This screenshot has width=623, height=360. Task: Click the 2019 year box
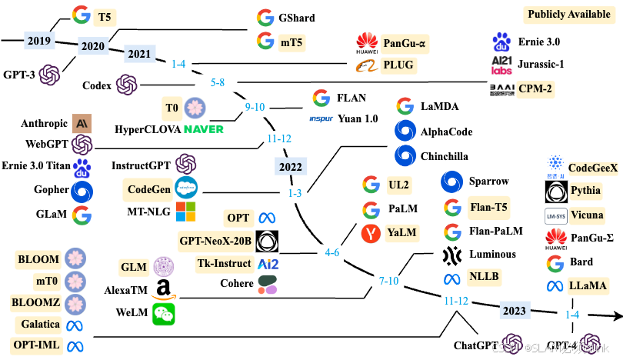point(38,41)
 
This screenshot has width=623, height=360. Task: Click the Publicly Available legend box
point(568,15)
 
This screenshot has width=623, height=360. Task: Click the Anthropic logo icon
point(82,122)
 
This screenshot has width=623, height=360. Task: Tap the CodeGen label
point(148,188)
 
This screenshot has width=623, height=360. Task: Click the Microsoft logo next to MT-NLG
point(186,210)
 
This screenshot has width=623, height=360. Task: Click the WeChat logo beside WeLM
point(163,313)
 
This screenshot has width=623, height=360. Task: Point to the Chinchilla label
point(444,155)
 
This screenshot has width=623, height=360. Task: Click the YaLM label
point(402,232)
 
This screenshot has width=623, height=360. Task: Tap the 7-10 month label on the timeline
point(388,281)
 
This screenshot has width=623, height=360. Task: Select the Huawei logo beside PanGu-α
point(367,43)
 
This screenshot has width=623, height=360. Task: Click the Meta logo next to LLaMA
point(555,286)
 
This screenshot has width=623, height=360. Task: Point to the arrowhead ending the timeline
point(616,315)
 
